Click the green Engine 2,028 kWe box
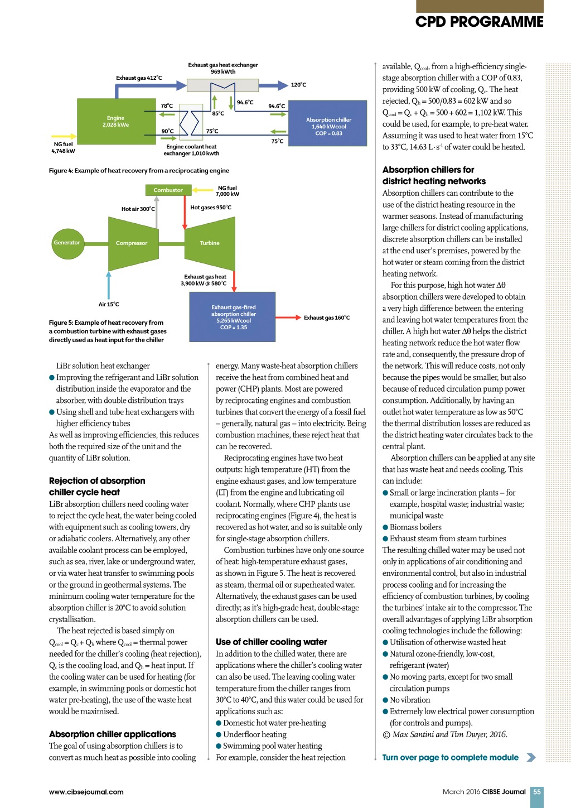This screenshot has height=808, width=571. [116, 121]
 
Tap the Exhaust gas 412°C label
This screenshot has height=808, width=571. [139, 78]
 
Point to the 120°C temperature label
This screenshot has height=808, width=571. [298, 85]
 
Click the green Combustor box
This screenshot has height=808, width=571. [168, 190]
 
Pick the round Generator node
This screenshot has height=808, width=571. [67, 243]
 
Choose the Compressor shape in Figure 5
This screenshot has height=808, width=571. [132, 243]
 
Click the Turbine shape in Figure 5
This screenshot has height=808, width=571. [210, 243]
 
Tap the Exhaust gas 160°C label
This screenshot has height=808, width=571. [327, 318]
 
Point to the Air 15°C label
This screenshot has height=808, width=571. [109, 304]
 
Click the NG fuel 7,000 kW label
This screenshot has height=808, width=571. [228, 191]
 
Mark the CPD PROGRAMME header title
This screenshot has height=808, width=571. [479, 22]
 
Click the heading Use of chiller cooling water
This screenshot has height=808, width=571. [271, 642]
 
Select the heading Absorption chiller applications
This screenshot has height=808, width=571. [112, 734]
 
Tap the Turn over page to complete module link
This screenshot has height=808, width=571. [451, 757]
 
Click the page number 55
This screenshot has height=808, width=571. [537, 791]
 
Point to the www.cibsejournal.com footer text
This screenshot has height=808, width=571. [86, 792]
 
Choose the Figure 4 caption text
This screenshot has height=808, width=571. [139, 171]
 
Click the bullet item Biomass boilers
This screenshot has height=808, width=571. [415, 527]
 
